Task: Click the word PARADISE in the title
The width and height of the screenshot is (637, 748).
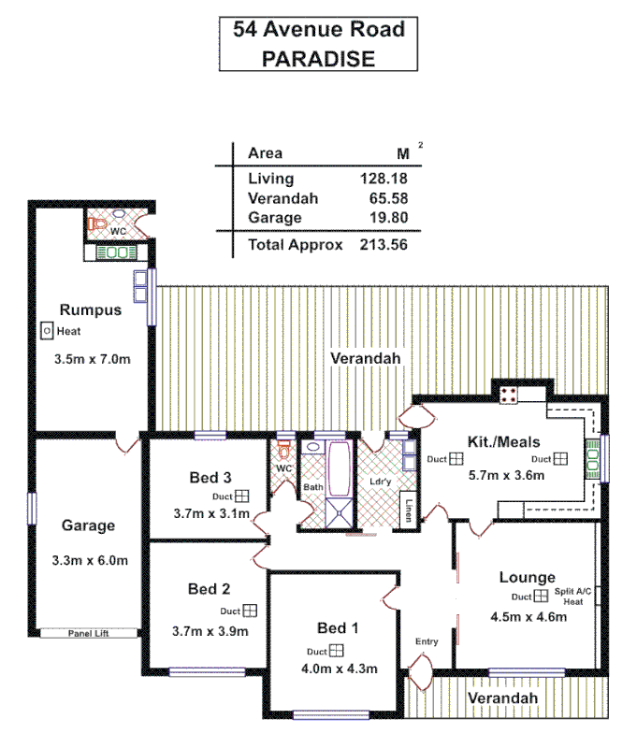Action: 319,59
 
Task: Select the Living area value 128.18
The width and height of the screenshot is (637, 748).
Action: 384,179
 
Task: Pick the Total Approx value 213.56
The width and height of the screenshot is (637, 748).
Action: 384,245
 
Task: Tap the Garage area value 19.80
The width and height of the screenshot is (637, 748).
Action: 389,218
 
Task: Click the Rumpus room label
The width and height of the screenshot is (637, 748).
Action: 91,310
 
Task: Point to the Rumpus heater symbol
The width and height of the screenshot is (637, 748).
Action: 46,331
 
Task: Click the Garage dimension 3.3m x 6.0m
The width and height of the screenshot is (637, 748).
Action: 89,561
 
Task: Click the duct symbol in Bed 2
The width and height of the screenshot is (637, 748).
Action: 250,611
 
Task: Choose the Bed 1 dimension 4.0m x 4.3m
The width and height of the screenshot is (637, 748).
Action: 339,669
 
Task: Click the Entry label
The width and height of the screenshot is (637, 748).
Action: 427,641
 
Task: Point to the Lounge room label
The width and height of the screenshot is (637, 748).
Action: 527,578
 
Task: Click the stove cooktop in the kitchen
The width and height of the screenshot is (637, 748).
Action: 510,394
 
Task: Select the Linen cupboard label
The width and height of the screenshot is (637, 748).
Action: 410,511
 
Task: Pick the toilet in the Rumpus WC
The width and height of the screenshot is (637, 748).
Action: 97,224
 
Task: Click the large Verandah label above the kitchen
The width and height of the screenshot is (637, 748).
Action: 366,359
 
